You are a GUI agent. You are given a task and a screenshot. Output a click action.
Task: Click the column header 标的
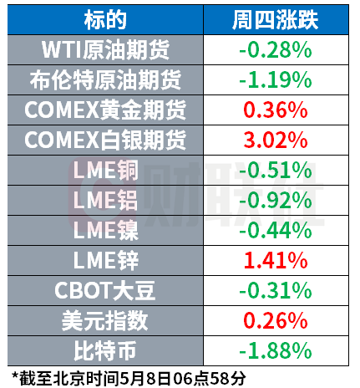[x=105, y=20]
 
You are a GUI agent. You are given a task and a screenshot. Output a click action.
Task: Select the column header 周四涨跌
[x=276, y=20]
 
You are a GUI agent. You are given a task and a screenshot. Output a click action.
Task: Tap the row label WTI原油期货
[x=105, y=50]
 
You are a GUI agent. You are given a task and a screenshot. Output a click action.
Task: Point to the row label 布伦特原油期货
[x=105, y=80]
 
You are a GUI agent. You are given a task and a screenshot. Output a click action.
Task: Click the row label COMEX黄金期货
[x=105, y=110]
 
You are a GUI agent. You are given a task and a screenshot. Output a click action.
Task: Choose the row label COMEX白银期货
[x=105, y=140]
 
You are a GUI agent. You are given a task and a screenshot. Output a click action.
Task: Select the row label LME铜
[x=105, y=171]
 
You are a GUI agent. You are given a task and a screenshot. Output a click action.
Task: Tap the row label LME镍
[x=105, y=231]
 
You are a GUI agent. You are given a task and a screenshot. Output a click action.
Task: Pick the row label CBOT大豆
[x=105, y=291]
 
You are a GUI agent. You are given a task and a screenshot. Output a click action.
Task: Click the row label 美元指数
[x=105, y=321]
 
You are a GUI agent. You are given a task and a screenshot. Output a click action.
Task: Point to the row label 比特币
[x=105, y=351]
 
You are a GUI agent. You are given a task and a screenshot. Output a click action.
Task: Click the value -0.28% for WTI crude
[x=276, y=50]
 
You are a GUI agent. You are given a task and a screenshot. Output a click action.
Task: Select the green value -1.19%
[x=276, y=80]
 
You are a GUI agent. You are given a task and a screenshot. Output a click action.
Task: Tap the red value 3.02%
[x=276, y=140]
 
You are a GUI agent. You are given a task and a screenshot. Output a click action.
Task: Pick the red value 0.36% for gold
[x=276, y=110]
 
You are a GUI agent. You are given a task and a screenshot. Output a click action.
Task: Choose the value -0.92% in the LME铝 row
[x=276, y=201]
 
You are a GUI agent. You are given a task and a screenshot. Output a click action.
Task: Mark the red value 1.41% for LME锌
[x=276, y=261]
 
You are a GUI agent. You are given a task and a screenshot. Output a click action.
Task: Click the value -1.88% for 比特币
[x=276, y=351]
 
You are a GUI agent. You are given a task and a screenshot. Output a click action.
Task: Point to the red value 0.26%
[x=276, y=321]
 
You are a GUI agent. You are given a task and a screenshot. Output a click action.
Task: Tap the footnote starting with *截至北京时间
[x=129, y=378]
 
